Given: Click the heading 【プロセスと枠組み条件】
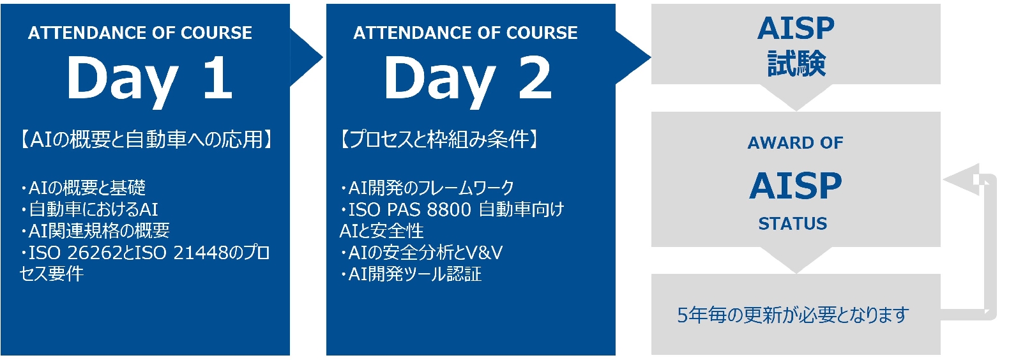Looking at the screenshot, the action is (439, 139).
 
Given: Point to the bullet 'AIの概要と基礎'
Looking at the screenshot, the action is (83, 188).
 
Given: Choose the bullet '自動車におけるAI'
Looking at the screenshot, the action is (89, 209).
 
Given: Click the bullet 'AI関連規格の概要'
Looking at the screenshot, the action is (95, 231).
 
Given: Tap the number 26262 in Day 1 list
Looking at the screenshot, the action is (93, 253).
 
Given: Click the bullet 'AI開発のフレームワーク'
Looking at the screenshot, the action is (427, 188).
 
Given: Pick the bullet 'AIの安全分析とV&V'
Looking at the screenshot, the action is (421, 253).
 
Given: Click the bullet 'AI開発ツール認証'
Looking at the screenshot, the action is (411, 274).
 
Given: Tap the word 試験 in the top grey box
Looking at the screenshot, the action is (796, 63).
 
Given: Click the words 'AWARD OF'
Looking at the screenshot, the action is (796, 143).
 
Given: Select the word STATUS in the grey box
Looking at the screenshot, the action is (793, 223).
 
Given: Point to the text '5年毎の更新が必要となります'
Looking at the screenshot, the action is (793, 315).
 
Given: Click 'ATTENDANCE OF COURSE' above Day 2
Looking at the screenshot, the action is (466, 33).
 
